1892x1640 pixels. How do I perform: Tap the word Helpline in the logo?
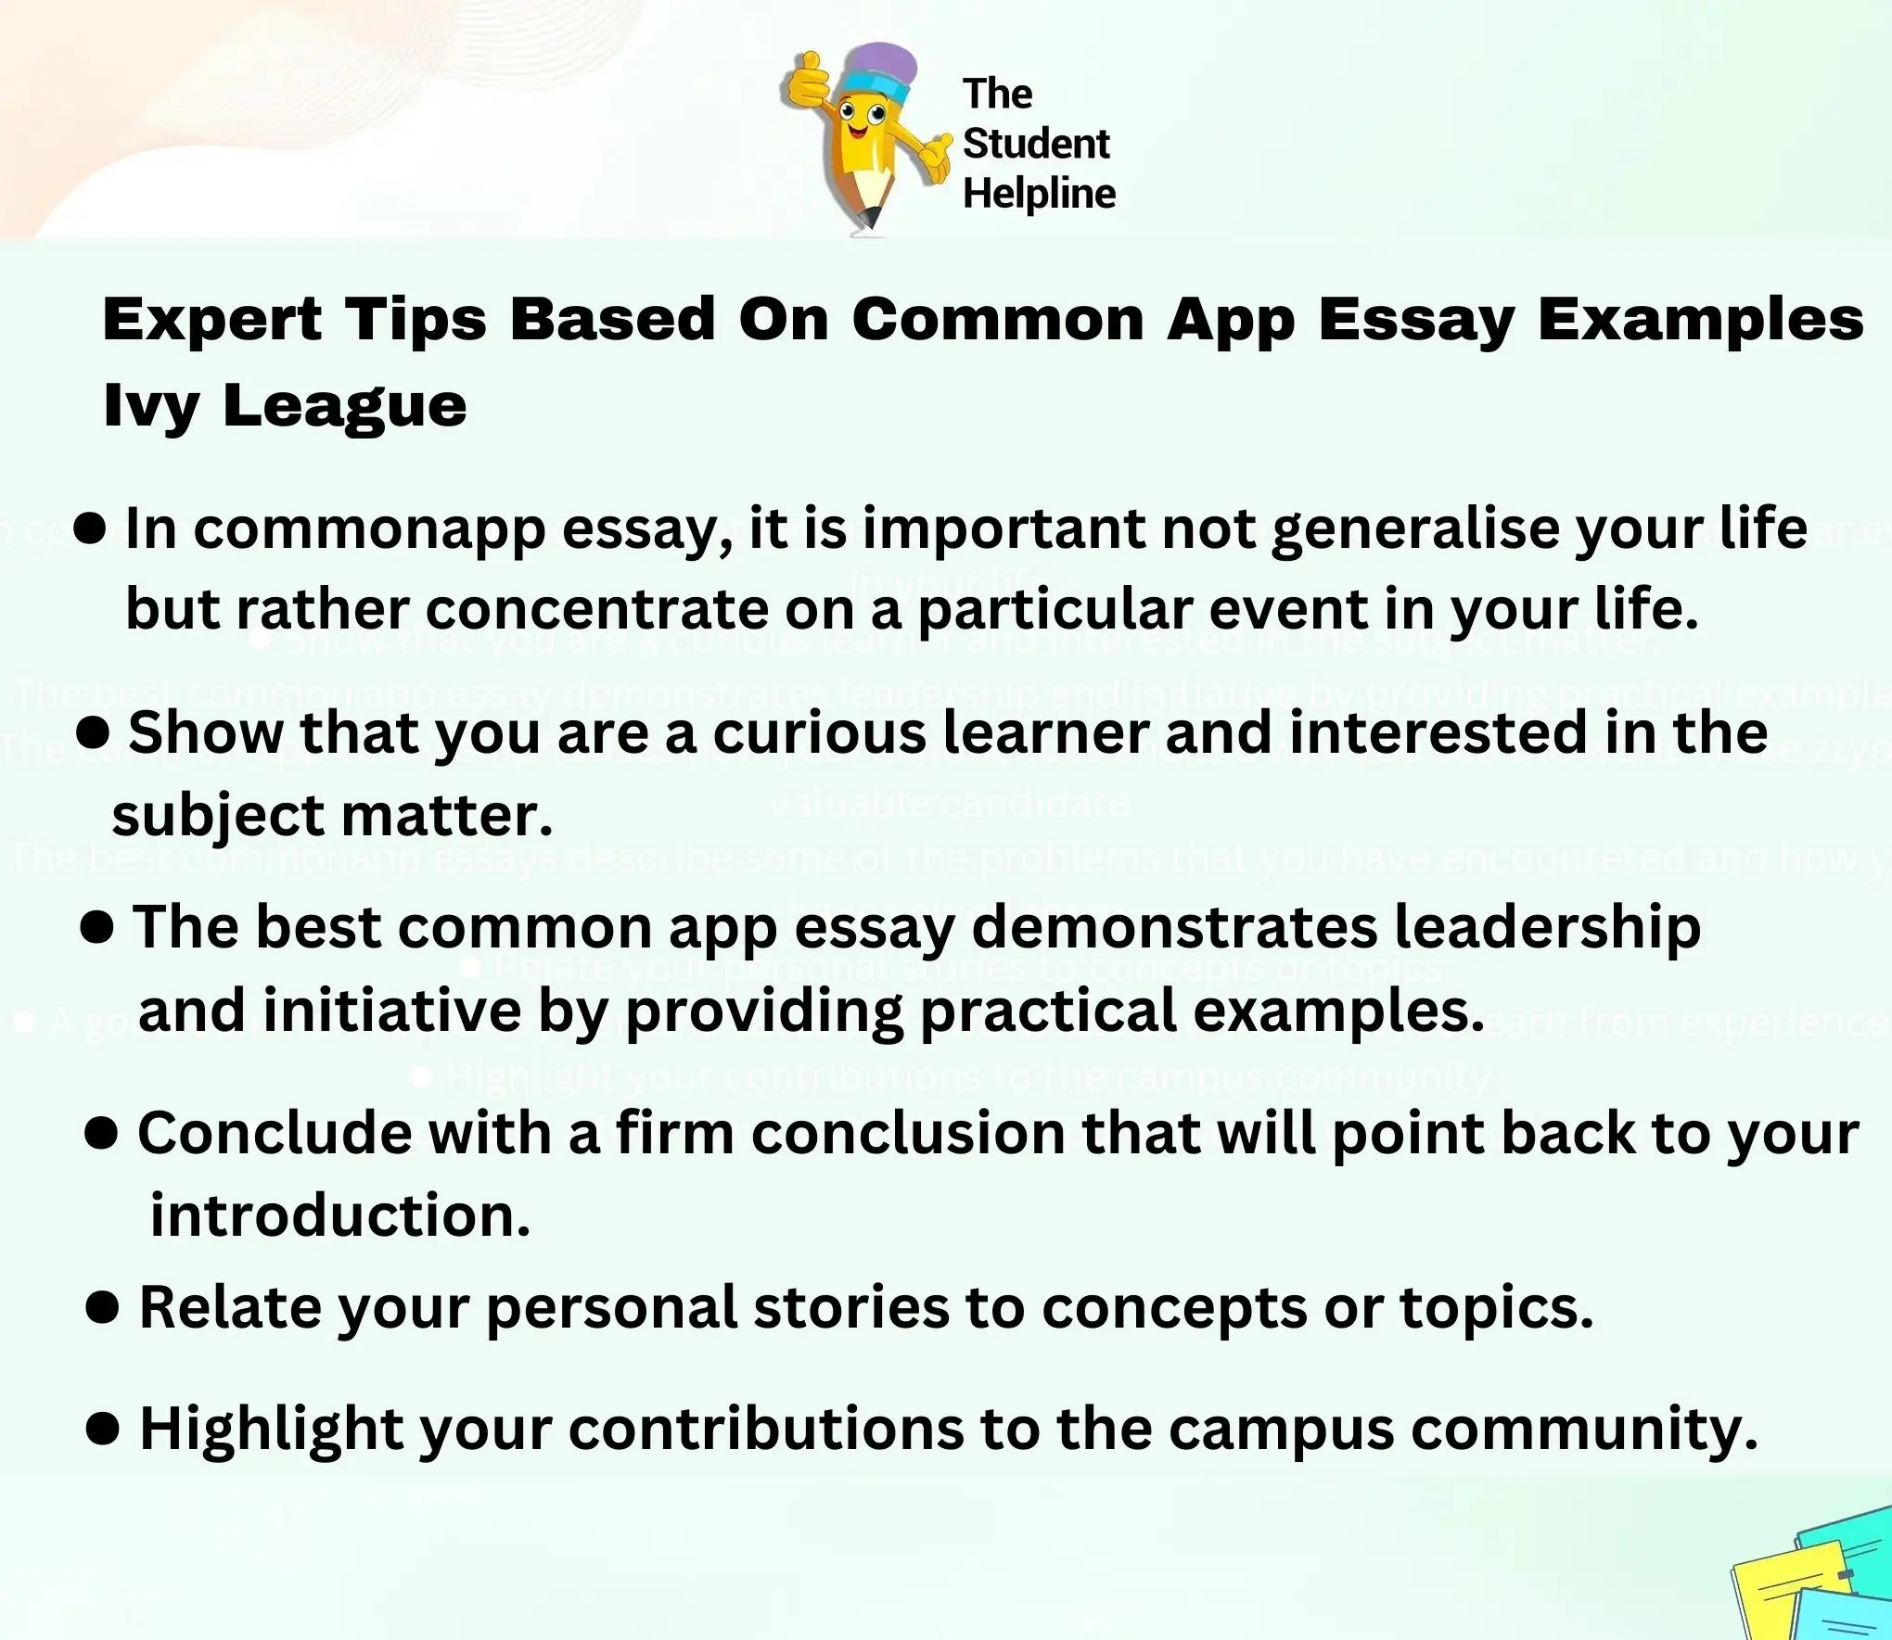point(1039,195)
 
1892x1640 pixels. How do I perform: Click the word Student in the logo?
point(1036,144)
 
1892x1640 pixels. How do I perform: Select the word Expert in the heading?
point(212,320)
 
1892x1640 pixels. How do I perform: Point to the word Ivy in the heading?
point(150,406)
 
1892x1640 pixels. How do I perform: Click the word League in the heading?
point(344,406)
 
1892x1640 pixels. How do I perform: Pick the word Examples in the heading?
point(1701,320)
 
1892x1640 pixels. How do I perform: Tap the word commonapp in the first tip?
point(369,530)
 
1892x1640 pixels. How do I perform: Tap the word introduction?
point(340,1215)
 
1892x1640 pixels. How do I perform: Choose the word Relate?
point(229,1308)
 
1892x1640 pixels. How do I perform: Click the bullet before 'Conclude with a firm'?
point(100,1133)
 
